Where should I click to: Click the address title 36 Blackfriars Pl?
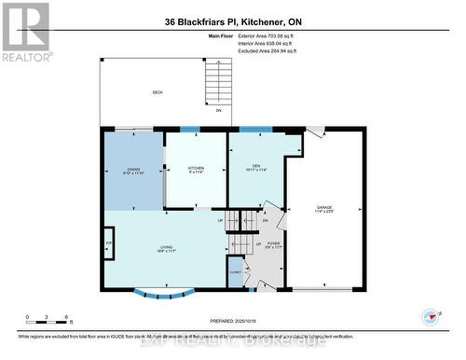pyautogui.click(x=232, y=21)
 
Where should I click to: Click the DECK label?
pyautogui.click(x=158, y=92)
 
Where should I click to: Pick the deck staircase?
pyautogui.click(x=218, y=84)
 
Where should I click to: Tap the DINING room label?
pyautogui.click(x=133, y=171)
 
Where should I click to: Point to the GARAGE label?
pyautogui.click(x=324, y=209)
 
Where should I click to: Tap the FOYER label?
pyautogui.click(x=273, y=245)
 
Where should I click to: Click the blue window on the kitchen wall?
pyautogui.click(x=190, y=130)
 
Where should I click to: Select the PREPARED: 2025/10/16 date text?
pyautogui.click(x=232, y=321)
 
